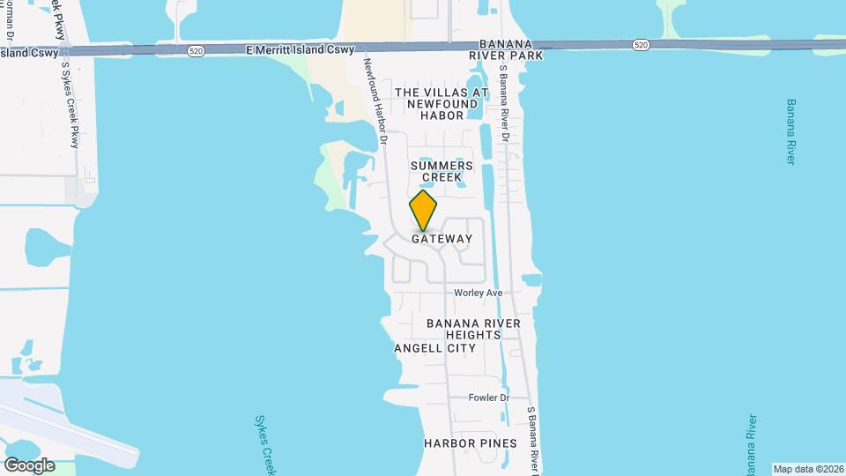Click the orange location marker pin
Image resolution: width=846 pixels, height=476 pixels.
point(423,210)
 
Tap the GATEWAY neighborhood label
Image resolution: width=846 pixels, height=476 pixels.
point(442,239)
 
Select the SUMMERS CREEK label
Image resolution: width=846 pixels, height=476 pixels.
point(442,171)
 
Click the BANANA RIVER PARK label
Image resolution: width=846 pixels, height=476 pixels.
point(511,49)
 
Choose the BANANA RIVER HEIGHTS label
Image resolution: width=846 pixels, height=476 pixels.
point(473,329)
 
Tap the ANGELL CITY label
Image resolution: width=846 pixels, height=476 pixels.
point(434,348)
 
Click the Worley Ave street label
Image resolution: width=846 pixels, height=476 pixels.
point(478,293)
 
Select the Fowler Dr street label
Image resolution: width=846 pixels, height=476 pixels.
point(490,398)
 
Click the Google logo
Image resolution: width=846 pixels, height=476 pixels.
point(29,465)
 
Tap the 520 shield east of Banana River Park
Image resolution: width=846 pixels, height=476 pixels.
point(641,44)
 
